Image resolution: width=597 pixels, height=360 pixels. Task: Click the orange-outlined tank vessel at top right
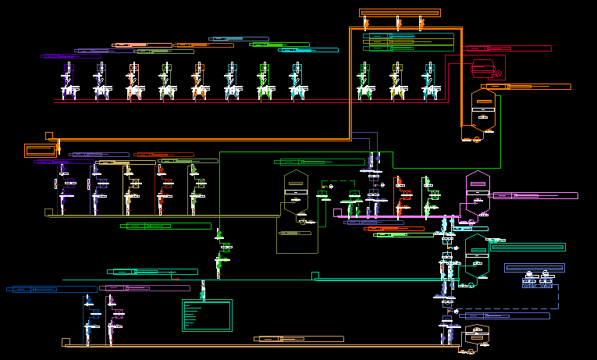[x=483, y=110]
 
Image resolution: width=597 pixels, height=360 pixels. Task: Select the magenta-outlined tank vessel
[x=476, y=190]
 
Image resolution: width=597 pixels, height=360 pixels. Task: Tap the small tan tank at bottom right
[x=473, y=337]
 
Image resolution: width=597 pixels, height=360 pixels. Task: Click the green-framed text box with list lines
[x=207, y=315]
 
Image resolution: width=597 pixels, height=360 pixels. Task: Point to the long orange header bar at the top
[x=400, y=13]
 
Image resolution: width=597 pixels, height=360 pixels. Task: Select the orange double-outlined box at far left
[x=41, y=150]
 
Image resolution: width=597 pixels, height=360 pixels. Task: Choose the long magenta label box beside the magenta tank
[x=535, y=195]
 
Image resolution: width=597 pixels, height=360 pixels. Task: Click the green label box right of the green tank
[x=528, y=248]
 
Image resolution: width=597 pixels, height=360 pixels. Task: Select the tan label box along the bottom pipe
[x=298, y=339]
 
